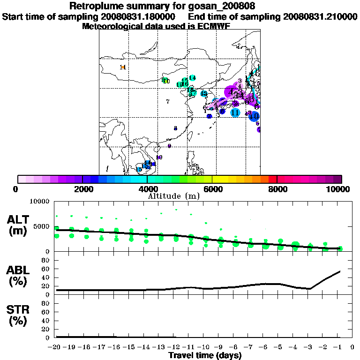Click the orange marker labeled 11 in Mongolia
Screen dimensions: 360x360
[123, 67]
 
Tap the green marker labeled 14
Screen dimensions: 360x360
[192, 78]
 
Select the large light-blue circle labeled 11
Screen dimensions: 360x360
[235, 112]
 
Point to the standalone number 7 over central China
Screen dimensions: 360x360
[167, 101]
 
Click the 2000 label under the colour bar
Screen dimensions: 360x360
[82, 189]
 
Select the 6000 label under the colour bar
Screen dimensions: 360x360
[212, 189]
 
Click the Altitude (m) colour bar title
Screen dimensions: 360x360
[180, 196]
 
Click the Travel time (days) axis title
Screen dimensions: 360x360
[205, 355]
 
